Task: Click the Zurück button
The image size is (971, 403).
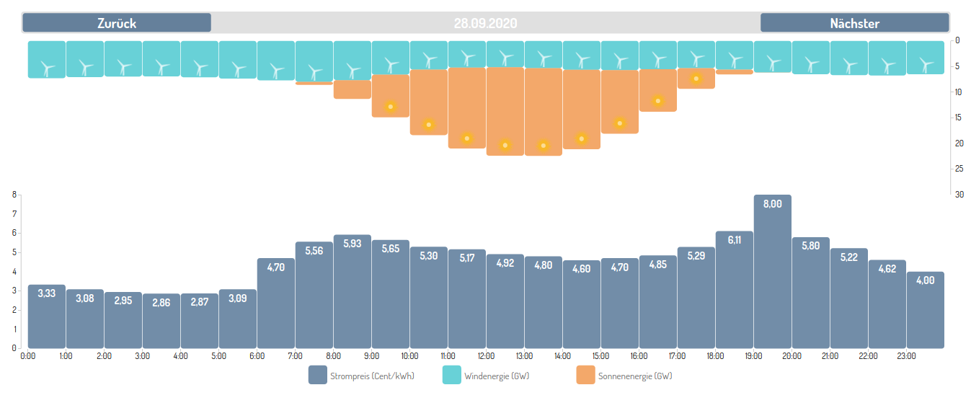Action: pyautogui.click(x=117, y=23)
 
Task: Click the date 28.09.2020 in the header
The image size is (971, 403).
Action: pyautogui.click(x=486, y=23)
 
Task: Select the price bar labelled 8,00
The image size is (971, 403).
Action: pyautogui.click(x=773, y=272)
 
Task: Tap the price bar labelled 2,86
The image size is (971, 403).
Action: pyautogui.click(x=161, y=321)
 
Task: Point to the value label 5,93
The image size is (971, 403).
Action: pyautogui.click(x=353, y=244)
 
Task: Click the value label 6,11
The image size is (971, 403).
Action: pyautogui.click(x=735, y=240)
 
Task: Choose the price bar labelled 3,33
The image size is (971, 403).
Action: pyautogui.click(x=47, y=316)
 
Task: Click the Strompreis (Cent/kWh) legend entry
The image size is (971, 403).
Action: pyautogui.click(x=362, y=376)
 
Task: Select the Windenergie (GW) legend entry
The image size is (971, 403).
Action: pyautogui.click(x=486, y=376)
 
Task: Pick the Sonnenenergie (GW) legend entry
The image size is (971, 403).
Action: pyautogui.click(x=624, y=376)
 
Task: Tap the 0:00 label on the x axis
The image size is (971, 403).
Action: pyautogui.click(x=28, y=356)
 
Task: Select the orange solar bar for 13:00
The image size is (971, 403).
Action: pyautogui.click(x=544, y=112)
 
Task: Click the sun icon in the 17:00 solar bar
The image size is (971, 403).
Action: pyautogui.click(x=696, y=79)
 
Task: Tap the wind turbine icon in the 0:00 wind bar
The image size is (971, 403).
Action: pyautogui.click(x=48, y=68)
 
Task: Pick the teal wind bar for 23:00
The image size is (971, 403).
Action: pyautogui.click(x=926, y=58)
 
